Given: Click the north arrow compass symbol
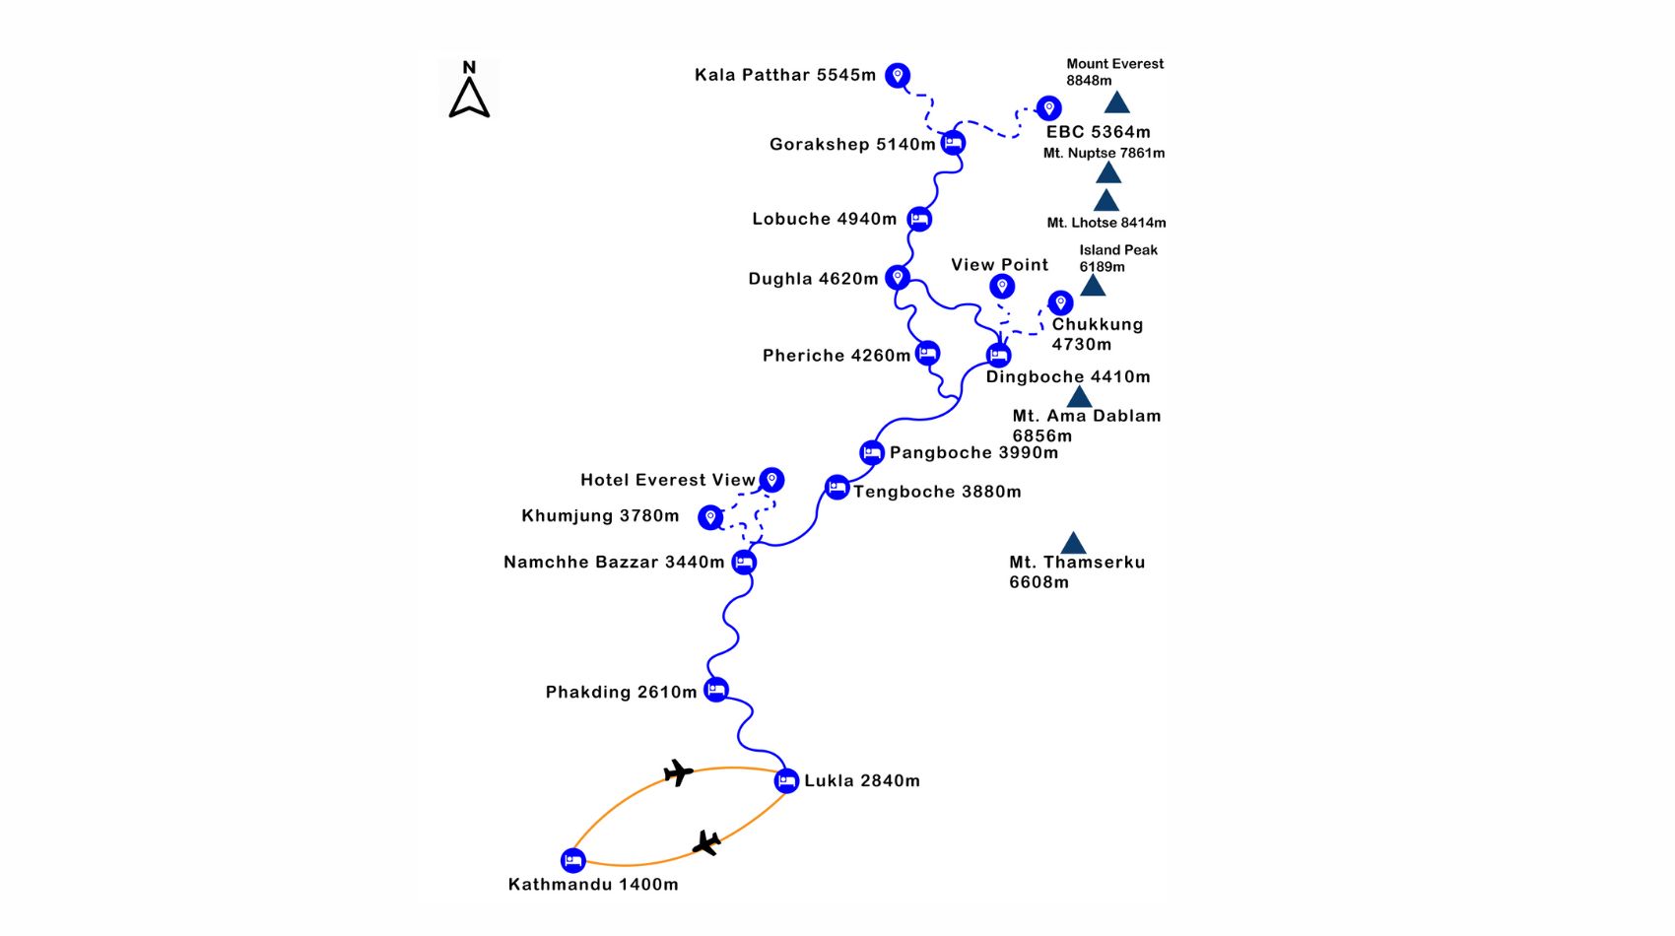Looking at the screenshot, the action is pos(469,98).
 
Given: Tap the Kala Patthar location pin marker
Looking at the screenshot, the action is pos(898,76).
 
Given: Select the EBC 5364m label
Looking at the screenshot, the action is pos(1098,132).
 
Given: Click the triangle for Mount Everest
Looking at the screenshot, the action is pos(1116,101).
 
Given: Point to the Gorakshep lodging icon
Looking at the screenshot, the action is pos(953,142).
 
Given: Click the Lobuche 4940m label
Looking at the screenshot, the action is pos(824,219).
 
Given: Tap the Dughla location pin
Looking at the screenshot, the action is pos(898,278).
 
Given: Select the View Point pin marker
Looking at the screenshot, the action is pos(1002,287).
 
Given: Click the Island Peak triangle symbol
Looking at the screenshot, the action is pos(1093,285).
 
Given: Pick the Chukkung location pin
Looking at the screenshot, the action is pos(1060,302).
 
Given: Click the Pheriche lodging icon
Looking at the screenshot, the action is pos(927,353).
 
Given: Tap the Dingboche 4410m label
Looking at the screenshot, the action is pos(1068,376).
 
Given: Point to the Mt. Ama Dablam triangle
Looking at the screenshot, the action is pos(1079,396).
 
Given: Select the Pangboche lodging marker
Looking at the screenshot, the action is pos(871,452).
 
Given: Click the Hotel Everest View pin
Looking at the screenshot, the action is pos(771,480).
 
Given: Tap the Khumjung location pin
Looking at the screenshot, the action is pos(710,516).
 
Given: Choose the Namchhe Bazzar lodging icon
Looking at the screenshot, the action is pos(743,563).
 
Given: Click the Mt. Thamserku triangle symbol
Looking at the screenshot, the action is pos(1073,543).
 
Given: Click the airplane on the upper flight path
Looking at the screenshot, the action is pos(678,772).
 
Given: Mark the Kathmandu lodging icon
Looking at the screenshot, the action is pos(572,860).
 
